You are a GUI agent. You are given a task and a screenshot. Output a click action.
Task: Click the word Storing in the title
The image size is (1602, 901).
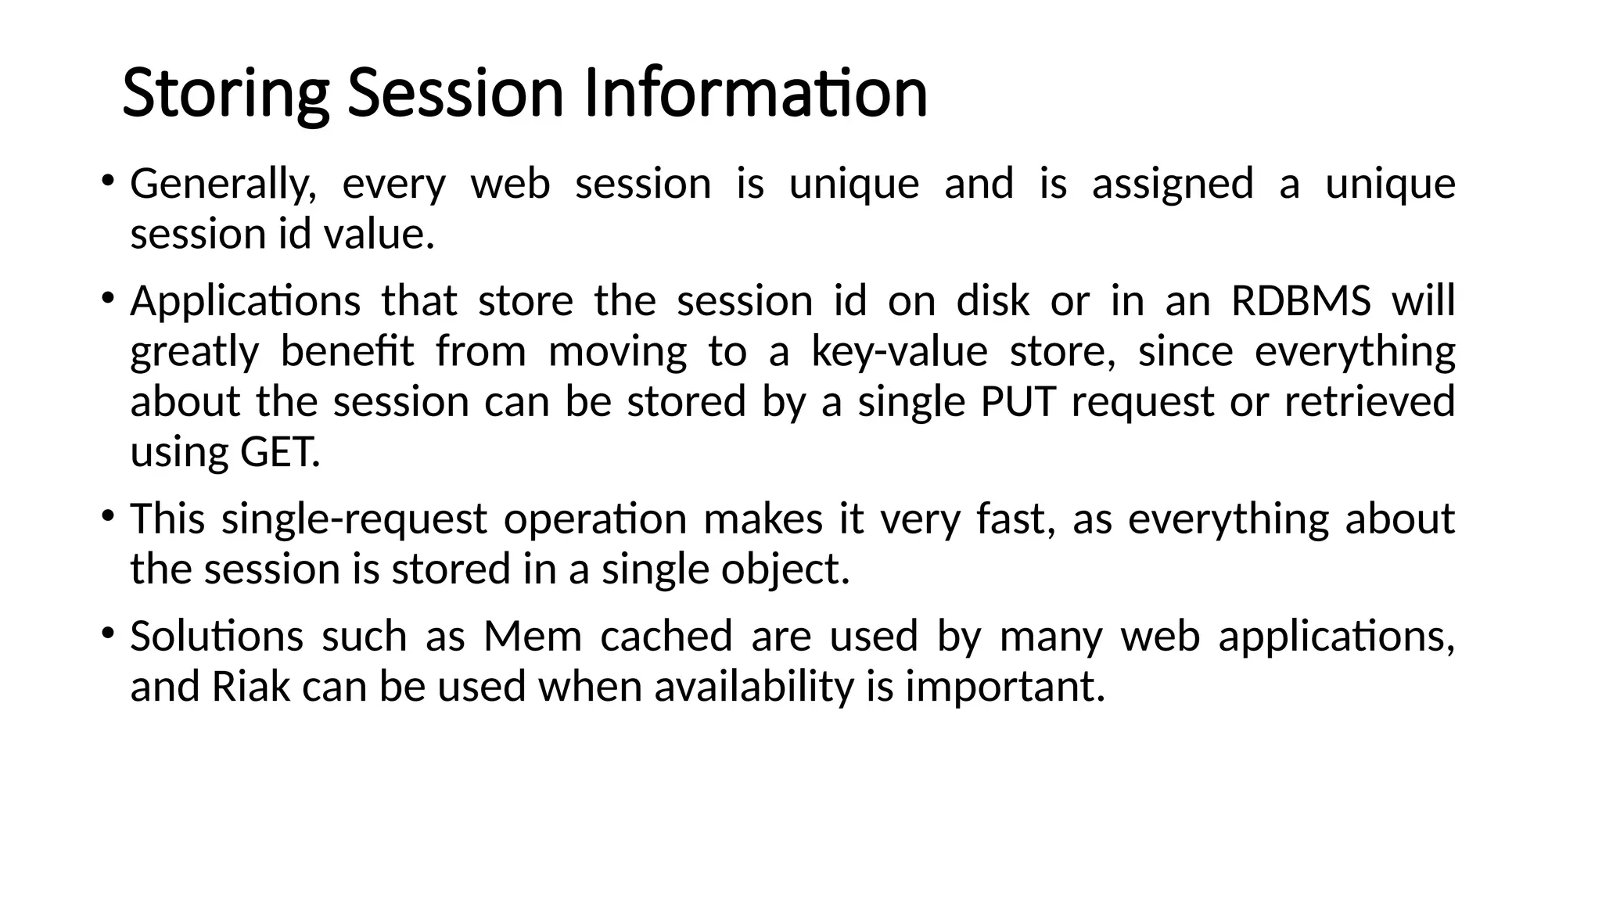point(225,94)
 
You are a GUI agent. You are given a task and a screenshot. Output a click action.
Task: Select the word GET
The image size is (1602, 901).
point(279,453)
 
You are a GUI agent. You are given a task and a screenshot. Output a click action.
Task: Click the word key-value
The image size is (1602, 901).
point(900,352)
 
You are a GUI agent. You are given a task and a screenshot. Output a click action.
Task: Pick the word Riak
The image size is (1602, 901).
point(250,687)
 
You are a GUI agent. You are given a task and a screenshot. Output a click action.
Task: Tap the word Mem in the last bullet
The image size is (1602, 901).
point(533,636)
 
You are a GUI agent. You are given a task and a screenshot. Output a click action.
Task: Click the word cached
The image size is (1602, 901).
point(666,636)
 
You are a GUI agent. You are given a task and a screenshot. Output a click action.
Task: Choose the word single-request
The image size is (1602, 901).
point(354,519)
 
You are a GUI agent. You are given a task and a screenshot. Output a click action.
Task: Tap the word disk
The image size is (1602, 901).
point(993,301)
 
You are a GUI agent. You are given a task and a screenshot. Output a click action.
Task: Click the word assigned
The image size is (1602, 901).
point(1173,185)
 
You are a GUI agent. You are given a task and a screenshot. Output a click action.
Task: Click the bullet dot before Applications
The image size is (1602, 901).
point(107,299)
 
